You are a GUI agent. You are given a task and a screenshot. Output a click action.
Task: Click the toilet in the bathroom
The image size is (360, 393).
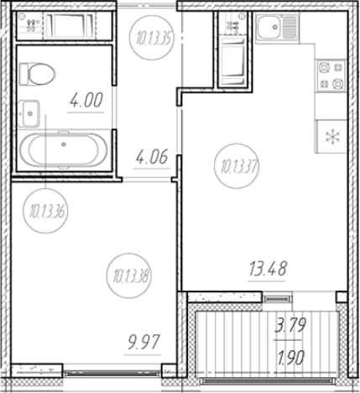pos(37,74)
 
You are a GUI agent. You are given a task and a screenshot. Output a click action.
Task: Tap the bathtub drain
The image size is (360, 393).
pos(64,144)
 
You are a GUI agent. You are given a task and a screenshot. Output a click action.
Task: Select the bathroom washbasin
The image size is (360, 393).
pos(29,113)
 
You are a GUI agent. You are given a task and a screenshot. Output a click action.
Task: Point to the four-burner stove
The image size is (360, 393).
pos(331,76)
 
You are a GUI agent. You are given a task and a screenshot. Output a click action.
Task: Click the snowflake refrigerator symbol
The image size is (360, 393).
pos(332,137)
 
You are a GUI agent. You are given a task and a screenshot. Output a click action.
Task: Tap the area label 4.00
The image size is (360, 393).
pos(86,101)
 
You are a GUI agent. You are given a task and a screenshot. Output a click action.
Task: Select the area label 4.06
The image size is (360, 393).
pos(152,157)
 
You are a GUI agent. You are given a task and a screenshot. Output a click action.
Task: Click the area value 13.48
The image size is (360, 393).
pos(268,269)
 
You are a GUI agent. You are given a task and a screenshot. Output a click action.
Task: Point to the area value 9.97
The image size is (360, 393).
pos(143,343)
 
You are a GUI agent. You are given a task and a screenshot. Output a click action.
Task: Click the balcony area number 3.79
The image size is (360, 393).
pos(290,326)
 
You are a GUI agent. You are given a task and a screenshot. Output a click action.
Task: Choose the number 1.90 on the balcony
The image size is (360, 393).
pos(290,358)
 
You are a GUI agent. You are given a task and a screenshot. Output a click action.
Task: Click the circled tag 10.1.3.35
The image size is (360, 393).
pos(152,39)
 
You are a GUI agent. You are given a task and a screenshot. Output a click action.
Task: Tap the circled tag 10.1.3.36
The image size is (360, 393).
pos(45,211)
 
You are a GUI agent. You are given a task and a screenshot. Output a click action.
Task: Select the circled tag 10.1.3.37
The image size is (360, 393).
pos(237,166)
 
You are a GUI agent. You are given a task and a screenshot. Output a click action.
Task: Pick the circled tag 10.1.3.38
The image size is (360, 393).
pos(128,276)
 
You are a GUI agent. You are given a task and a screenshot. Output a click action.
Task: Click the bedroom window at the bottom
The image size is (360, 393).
pos(112,373)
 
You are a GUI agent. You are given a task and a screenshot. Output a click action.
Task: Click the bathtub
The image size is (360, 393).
pos(64,150)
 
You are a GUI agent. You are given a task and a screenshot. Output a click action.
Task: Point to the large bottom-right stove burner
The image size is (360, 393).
pos(338,83)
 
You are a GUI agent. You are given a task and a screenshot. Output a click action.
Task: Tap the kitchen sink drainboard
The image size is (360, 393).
pos(290,27)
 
